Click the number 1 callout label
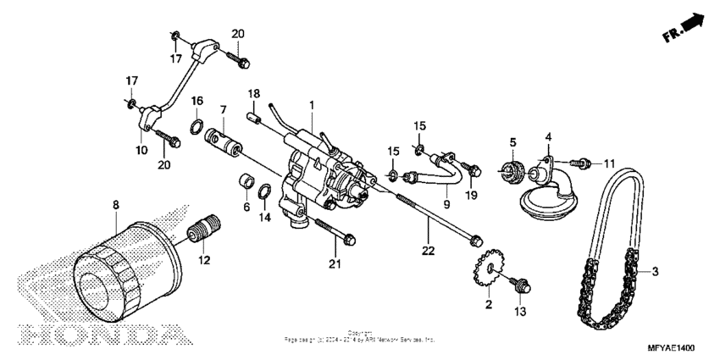click(311, 105)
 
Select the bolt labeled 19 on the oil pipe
click(473, 170)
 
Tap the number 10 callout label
click(141, 149)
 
